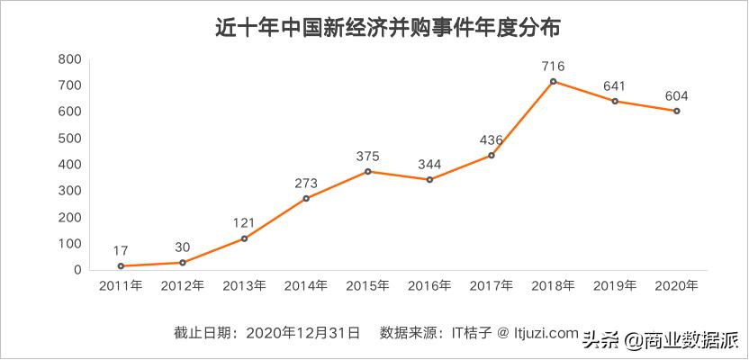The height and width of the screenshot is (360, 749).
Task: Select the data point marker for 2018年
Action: point(554,82)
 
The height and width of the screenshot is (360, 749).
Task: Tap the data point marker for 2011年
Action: point(120,266)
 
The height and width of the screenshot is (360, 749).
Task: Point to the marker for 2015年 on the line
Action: point(368,172)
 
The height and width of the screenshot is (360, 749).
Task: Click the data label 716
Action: point(554,66)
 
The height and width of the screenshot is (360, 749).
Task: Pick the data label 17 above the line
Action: point(120,250)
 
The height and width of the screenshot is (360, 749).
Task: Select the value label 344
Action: point(430,164)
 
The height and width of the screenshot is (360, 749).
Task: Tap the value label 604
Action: point(676,95)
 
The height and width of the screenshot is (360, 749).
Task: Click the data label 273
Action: point(306,183)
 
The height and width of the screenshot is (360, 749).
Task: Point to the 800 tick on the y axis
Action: point(70,59)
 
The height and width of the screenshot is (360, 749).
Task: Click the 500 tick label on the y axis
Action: point(70,139)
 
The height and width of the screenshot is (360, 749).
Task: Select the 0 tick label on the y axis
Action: point(77,270)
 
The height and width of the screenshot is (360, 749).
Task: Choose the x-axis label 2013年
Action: point(244,286)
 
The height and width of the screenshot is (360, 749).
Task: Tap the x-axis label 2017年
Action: point(492,286)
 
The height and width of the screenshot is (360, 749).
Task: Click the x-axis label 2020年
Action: point(676,286)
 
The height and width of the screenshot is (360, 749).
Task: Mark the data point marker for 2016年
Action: point(430,180)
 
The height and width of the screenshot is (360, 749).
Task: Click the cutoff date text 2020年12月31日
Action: point(304,333)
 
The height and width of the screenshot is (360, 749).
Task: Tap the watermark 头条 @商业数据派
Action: point(661,340)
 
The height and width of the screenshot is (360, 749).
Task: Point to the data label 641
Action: point(615,85)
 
